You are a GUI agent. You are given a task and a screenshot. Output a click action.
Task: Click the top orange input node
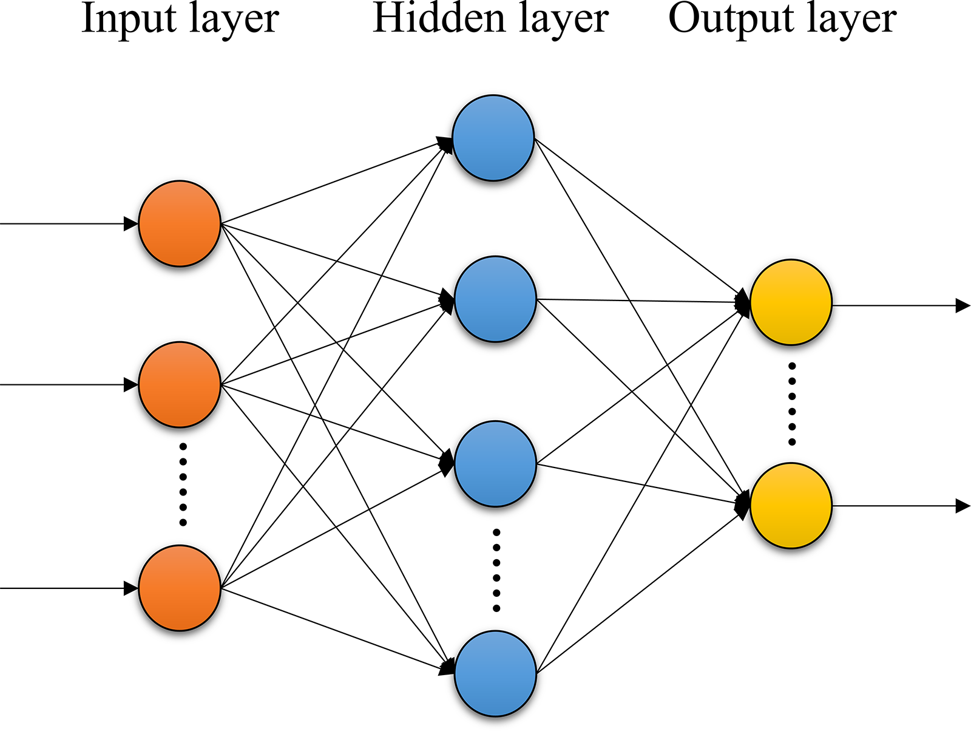coord(180,223)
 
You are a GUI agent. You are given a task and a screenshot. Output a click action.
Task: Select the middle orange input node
coord(180,384)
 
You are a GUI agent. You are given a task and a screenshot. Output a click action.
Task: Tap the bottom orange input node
coord(180,588)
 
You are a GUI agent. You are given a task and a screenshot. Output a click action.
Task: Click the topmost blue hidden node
coord(493,138)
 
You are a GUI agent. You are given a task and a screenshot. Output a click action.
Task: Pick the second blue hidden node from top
coord(495,299)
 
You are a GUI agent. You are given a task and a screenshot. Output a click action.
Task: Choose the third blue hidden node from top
coord(495,464)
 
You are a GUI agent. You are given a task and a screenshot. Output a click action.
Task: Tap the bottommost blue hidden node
coord(495,673)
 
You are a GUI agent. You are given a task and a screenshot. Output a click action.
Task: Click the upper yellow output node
coord(791,302)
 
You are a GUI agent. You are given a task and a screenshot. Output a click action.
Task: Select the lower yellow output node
coord(791,506)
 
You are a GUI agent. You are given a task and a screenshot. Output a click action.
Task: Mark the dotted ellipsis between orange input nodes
coord(183,484)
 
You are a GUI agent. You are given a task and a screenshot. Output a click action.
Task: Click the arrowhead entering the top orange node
coord(131,223)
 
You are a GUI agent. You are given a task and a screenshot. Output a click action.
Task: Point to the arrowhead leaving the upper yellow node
coord(963,305)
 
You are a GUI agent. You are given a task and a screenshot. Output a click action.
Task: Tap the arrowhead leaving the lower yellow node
coord(963,506)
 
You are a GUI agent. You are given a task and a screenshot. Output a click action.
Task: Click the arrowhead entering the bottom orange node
coord(131,588)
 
